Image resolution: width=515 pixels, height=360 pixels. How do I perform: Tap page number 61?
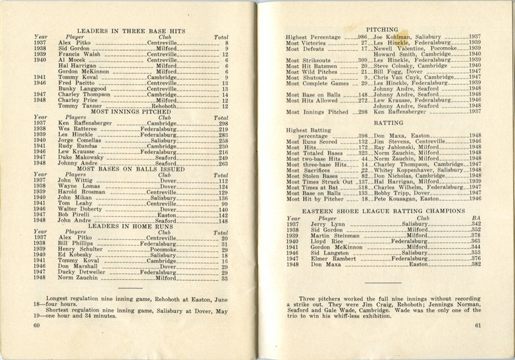pos(478,325)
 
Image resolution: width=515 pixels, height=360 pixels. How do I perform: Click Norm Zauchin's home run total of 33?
pos(225,278)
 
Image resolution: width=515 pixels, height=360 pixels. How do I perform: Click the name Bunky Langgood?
pos(80,89)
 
